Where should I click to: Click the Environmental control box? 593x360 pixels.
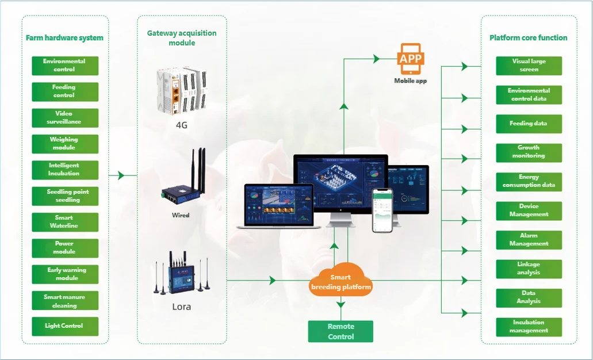point(64,66)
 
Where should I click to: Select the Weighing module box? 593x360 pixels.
point(64,144)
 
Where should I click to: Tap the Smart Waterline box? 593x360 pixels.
point(64,222)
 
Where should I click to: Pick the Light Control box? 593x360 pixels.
point(64,326)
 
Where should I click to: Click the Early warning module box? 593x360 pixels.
point(64,274)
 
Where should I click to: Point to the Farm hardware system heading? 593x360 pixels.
point(64,38)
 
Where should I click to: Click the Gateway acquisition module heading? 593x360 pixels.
point(182,38)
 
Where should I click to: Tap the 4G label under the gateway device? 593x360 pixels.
point(182,124)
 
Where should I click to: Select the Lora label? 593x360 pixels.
point(182,307)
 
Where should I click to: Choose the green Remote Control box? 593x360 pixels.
point(341,331)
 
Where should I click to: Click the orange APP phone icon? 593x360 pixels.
point(411,60)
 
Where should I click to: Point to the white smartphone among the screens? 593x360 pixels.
point(382,210)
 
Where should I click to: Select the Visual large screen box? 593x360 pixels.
point(529,66)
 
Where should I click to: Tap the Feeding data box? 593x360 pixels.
point(529,124)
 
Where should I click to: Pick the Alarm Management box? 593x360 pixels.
point(529,240)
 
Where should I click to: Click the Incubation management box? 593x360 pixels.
point(529,327)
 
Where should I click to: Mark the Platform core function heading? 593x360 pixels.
point(528,38)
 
